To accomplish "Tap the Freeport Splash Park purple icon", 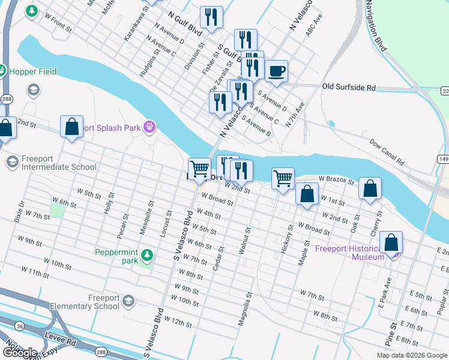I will click(149, 127).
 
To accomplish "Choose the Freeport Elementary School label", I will click(95, 302).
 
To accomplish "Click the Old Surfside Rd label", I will click(349, 88).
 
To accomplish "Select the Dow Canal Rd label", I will click(387, 152).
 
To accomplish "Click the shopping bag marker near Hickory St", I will click(307, 195).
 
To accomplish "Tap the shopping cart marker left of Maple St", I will click(283, 178).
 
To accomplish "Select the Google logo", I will click(20, 353).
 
